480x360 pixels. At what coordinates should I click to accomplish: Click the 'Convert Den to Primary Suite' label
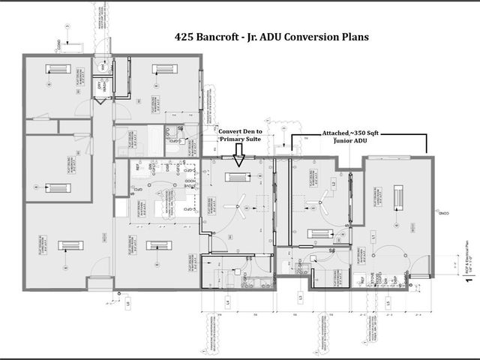(x=240, y=133)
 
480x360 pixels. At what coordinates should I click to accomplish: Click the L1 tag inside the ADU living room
(x=373, y=237)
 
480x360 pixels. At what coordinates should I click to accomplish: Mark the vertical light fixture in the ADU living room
(x=398, y=196)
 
